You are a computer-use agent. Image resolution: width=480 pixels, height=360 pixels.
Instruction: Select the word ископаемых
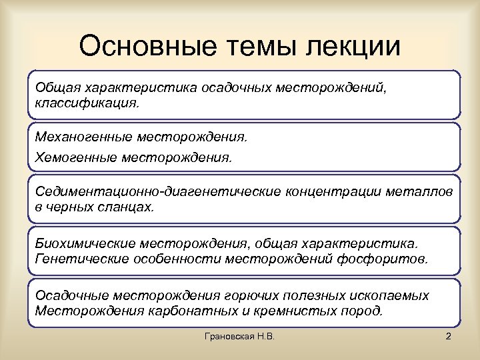(388, 295)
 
